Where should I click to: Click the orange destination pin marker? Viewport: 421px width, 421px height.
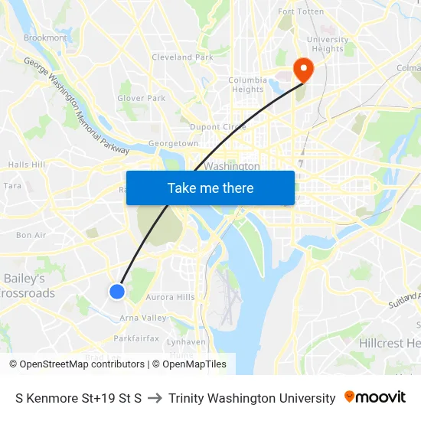[303, 70]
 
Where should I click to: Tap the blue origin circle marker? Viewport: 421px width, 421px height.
[117, 291]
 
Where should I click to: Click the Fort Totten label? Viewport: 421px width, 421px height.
[301, 11]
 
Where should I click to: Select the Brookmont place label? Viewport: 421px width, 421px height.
[45, 38]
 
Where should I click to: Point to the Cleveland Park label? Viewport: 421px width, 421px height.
[182, 57]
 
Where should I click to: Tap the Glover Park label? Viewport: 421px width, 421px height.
[141, 98]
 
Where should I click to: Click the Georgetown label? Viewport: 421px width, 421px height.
[173, 143]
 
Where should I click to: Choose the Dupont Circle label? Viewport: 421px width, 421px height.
[217, 127]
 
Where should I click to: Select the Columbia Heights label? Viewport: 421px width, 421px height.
[247, 84]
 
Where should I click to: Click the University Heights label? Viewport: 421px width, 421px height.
[327, 44]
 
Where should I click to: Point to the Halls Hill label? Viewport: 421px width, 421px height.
[27, 165]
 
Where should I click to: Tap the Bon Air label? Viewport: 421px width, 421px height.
[31, 235]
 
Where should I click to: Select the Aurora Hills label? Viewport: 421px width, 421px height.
[170, 297]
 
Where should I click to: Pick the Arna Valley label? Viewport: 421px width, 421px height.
[143, 318]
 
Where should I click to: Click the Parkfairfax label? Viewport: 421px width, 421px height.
[136, 338]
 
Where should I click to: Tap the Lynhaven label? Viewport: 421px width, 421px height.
[186, 342]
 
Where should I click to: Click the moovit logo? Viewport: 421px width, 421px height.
[374, 397]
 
